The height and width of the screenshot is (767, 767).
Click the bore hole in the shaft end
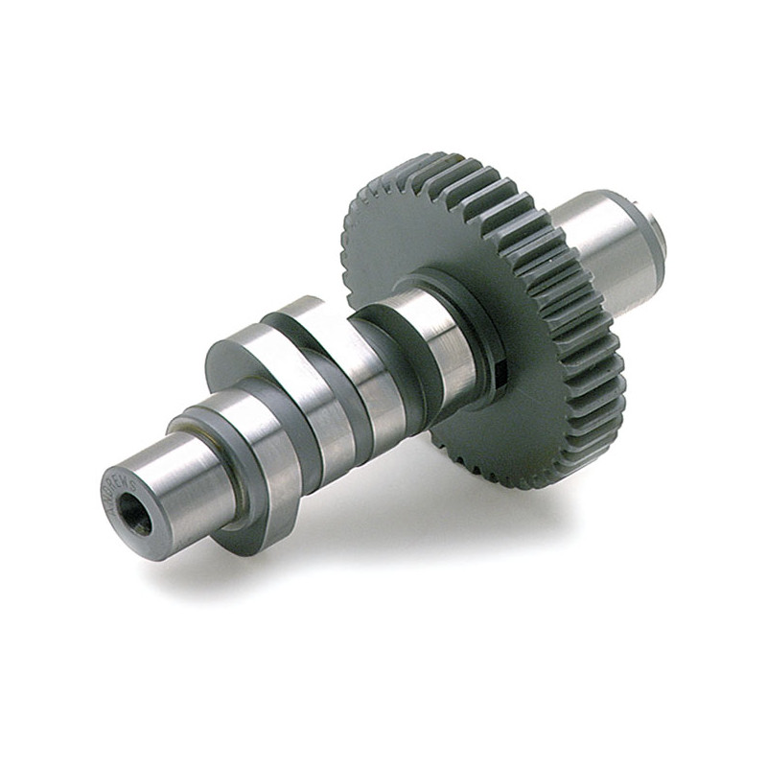(x=139, y=519)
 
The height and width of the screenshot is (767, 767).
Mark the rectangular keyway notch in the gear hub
(x=500, y=369)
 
